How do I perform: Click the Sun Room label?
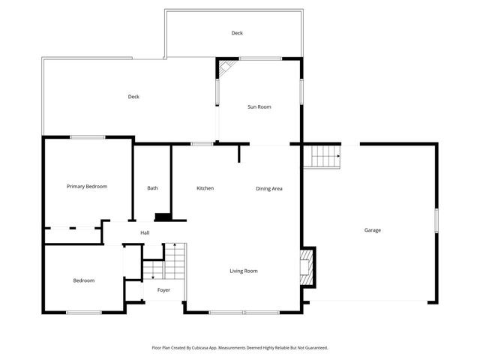click(259, 107)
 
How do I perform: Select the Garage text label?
click(373, 230)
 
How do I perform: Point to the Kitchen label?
click(205, 188)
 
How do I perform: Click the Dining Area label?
click(269, 188)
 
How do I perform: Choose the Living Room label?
click(244, 271)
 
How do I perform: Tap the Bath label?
click(152, 188)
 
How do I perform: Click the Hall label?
click(145, 232)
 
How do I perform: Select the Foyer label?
click(163, 290)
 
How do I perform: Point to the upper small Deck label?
click(237, 33)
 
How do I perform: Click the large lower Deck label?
click(133, 96)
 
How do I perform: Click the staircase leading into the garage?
click(325, 157)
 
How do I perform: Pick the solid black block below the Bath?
click(162, 217)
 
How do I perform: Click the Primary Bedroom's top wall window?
click(88, 137)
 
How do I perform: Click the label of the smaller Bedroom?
click(84, 280)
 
